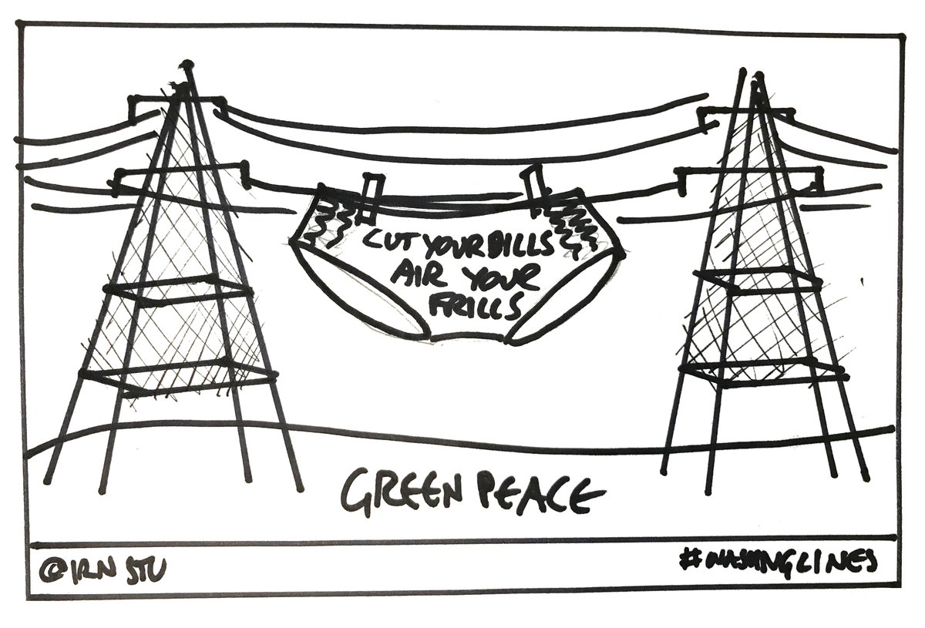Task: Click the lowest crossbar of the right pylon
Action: pyautogui.click(x=759, y=370)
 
